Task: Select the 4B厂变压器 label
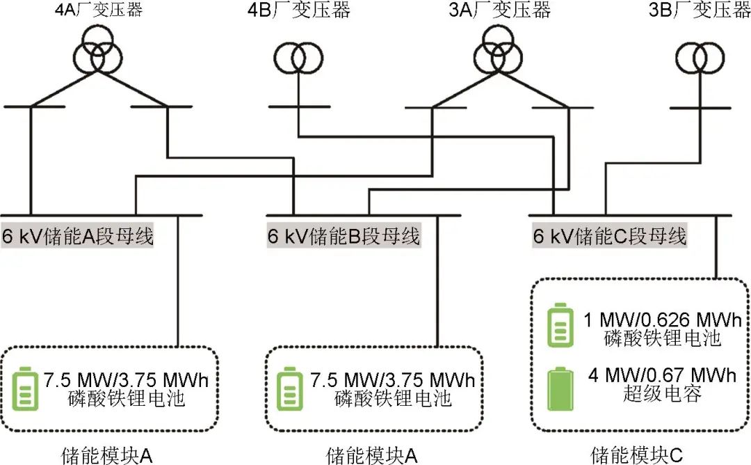(x=299, y=11)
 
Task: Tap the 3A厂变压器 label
(x=499, y=11)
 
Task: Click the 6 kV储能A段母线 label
(x=77, y=236)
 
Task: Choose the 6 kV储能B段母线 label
(x=344, y=236)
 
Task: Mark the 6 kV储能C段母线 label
(x=609, y=236)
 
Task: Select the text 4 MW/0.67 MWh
(x=660, y=377)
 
